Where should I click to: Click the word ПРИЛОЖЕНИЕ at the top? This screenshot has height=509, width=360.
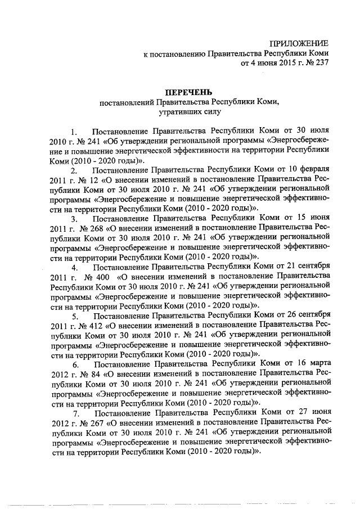point(299,43)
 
